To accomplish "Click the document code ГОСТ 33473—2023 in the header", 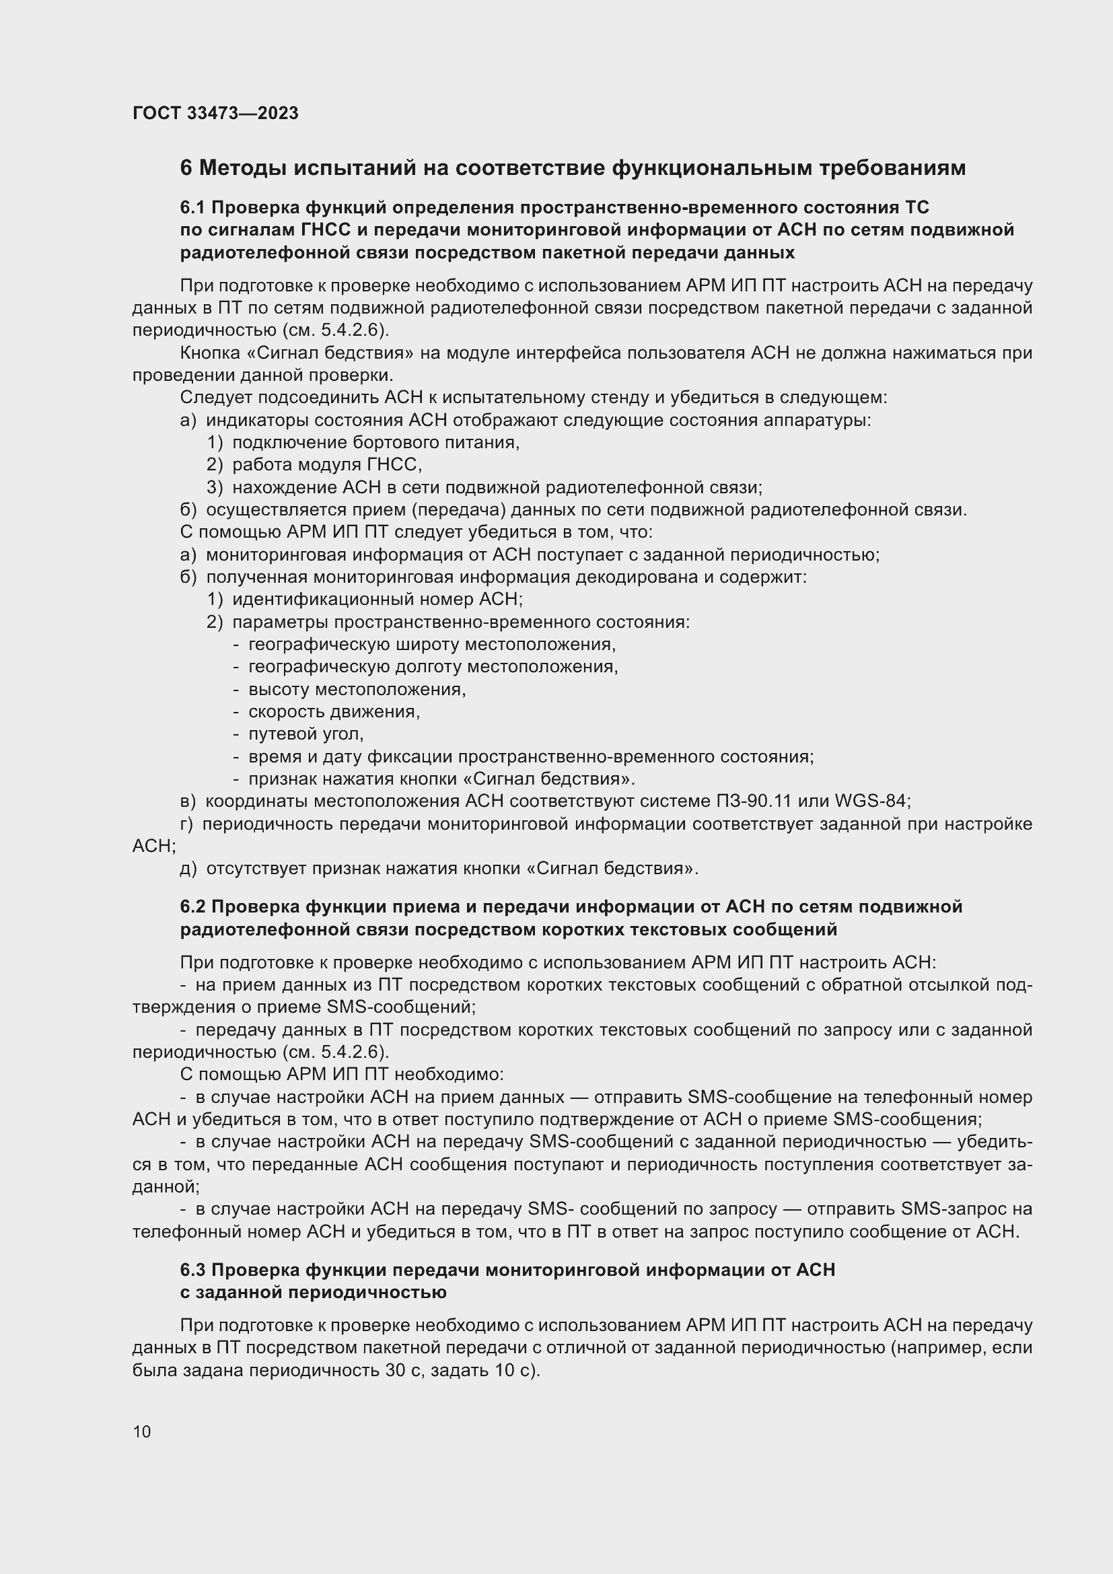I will [215, 113].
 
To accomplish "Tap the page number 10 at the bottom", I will [142, 1431].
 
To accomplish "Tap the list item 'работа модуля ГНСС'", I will [326, 465].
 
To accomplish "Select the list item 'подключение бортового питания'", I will [375, 442].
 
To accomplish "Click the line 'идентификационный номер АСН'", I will [377, 599].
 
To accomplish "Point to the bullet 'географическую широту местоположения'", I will [432, 645].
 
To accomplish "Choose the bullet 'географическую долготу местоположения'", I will [433, 666].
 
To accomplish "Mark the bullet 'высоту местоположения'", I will [357, 689].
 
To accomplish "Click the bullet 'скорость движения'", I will [334, 711].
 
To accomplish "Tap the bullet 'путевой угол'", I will [306, 734].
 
